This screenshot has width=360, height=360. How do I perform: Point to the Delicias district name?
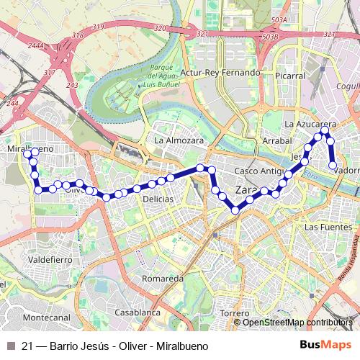[157, 198]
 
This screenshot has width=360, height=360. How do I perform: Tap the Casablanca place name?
[136, 313]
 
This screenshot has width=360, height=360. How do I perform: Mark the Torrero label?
[235, 313]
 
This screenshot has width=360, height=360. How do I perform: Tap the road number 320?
[160, 28]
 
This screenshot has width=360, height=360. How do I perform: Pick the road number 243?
[71, 86]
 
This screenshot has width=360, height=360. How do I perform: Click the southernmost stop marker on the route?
[235, 210]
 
